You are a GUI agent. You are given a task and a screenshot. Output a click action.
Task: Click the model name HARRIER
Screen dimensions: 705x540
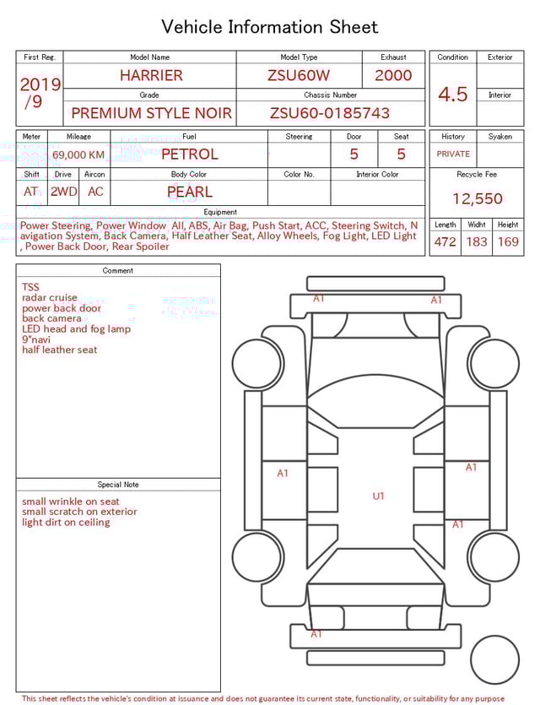pos(151,75)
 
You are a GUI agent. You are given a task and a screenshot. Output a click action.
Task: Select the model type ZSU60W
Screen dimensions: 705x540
pos(299,75)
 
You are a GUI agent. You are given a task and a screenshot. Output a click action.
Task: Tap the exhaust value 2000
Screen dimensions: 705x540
pos(393,75)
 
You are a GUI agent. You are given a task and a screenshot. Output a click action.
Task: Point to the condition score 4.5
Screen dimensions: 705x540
pos(453,95)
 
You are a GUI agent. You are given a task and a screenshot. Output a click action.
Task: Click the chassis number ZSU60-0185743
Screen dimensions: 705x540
pos(330,113)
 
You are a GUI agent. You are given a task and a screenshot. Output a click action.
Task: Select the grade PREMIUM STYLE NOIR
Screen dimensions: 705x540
pos(149,113)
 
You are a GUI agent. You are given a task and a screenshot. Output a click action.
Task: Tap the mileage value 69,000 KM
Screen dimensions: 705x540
pos(78,155)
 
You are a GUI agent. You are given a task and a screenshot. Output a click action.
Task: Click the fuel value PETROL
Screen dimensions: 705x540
pos(190,155)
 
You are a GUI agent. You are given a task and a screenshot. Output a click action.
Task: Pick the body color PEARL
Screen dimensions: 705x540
pos(190,192)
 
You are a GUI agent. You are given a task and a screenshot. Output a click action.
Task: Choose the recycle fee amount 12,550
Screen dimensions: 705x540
pos(477,199)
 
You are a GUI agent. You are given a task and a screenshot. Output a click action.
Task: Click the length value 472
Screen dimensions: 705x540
pos(445,242)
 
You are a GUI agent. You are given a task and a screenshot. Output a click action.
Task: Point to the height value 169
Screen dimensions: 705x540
pos(508,242)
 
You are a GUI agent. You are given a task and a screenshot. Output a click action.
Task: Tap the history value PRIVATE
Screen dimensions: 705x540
pos(453,155)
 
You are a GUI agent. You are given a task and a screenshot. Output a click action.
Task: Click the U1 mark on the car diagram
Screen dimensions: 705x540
pos(378,496)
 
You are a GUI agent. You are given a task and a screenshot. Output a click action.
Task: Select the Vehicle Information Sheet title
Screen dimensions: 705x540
pos(270,27)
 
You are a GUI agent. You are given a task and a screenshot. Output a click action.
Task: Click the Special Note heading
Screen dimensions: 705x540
pos(118,485)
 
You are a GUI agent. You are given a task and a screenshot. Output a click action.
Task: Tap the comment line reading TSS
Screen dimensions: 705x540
pos(30,287)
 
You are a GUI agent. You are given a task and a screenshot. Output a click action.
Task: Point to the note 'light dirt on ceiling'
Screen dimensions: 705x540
pos(66,523)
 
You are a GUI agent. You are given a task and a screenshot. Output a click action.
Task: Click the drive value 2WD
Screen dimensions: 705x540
pos(63,192)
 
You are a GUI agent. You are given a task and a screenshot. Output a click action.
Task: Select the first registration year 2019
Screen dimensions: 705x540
pos(40,85)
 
